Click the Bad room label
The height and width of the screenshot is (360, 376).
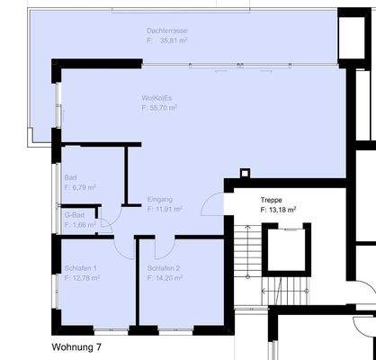click(x=69, y=177)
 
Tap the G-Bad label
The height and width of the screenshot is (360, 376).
click(x=73, y=215)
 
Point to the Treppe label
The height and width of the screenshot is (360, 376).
click(x=272, y=199)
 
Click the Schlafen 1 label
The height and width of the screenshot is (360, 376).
click(x=80, y=268)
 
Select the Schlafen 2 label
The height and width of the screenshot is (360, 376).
click(x=164, y=268)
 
